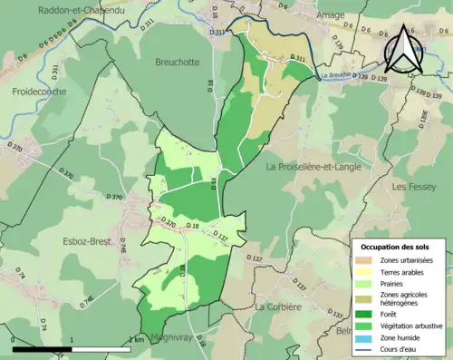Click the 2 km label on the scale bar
(138, 339)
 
